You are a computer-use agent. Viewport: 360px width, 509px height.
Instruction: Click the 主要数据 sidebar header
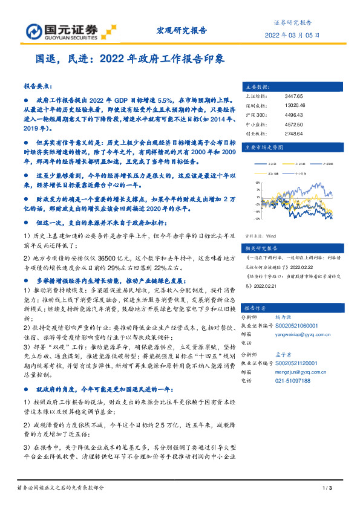[254, 86]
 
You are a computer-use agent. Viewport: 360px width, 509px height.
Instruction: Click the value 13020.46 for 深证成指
[295, 105]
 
